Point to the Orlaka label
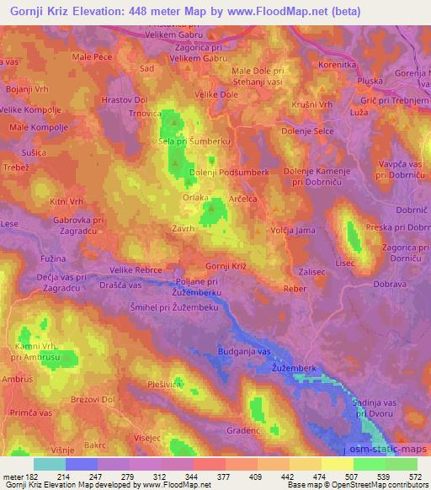click(195, 199)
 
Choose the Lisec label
click(343, 263)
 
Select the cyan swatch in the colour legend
click(50, 464)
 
